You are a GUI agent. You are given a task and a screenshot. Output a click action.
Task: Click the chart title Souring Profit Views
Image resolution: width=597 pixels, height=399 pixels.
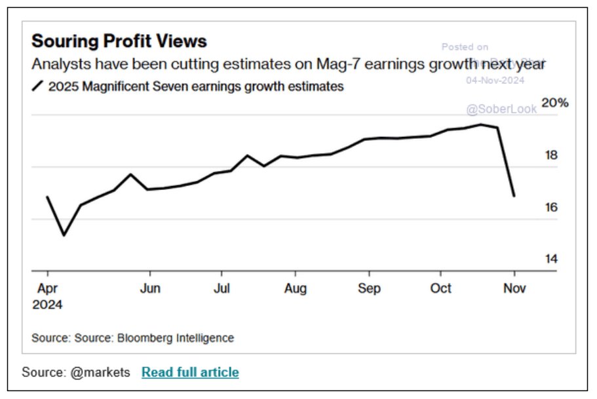(119, 41)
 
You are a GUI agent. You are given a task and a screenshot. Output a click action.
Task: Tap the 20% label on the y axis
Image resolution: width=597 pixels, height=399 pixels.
(555, 103)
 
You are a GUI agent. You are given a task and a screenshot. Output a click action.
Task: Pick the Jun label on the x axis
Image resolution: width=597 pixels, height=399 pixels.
(150, 288)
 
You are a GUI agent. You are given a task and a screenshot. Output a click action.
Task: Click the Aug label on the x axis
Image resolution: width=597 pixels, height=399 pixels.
(296, 288)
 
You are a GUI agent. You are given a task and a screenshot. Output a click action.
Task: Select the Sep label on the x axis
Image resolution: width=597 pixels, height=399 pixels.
(370, 288)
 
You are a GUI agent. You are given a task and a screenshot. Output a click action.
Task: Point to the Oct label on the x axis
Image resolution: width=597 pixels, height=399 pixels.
(441, 288)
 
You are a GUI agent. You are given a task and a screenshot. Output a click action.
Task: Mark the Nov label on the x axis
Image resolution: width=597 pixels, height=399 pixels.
(514, 288)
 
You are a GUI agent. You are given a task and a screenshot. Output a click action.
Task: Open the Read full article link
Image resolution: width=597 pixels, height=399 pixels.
(190, 373)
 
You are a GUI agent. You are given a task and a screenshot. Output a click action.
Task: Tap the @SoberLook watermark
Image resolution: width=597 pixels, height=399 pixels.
(501, 109)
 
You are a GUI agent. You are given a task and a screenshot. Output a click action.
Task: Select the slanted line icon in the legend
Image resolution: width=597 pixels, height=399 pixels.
(38, 86)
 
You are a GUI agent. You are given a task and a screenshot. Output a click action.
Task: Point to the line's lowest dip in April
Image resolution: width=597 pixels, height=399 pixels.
(64, 235)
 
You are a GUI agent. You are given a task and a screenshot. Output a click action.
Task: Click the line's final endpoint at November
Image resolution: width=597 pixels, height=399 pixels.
(514, 195)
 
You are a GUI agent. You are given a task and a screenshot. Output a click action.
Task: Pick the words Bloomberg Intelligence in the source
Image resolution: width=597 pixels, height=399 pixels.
(175, 338)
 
